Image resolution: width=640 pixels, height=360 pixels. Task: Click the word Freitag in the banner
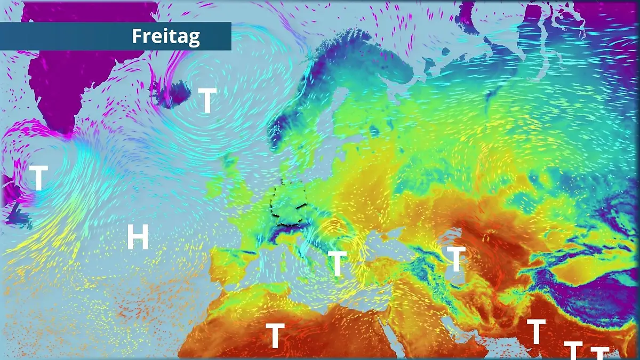coord(166,36)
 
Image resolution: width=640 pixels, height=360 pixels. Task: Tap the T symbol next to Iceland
coord(207,101)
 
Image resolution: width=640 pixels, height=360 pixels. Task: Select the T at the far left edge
coord(38,178)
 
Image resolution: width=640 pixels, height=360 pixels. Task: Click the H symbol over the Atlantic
coord(138,237)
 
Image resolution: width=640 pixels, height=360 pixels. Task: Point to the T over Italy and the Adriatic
coord(337,263)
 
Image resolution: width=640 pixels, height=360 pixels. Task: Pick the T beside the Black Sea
coord(456,259)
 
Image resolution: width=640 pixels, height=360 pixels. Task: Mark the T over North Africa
coord(275,335)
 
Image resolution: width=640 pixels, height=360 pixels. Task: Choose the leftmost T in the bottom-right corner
coord(536,331)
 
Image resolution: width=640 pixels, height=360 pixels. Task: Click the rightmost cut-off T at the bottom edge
coord(599,353)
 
